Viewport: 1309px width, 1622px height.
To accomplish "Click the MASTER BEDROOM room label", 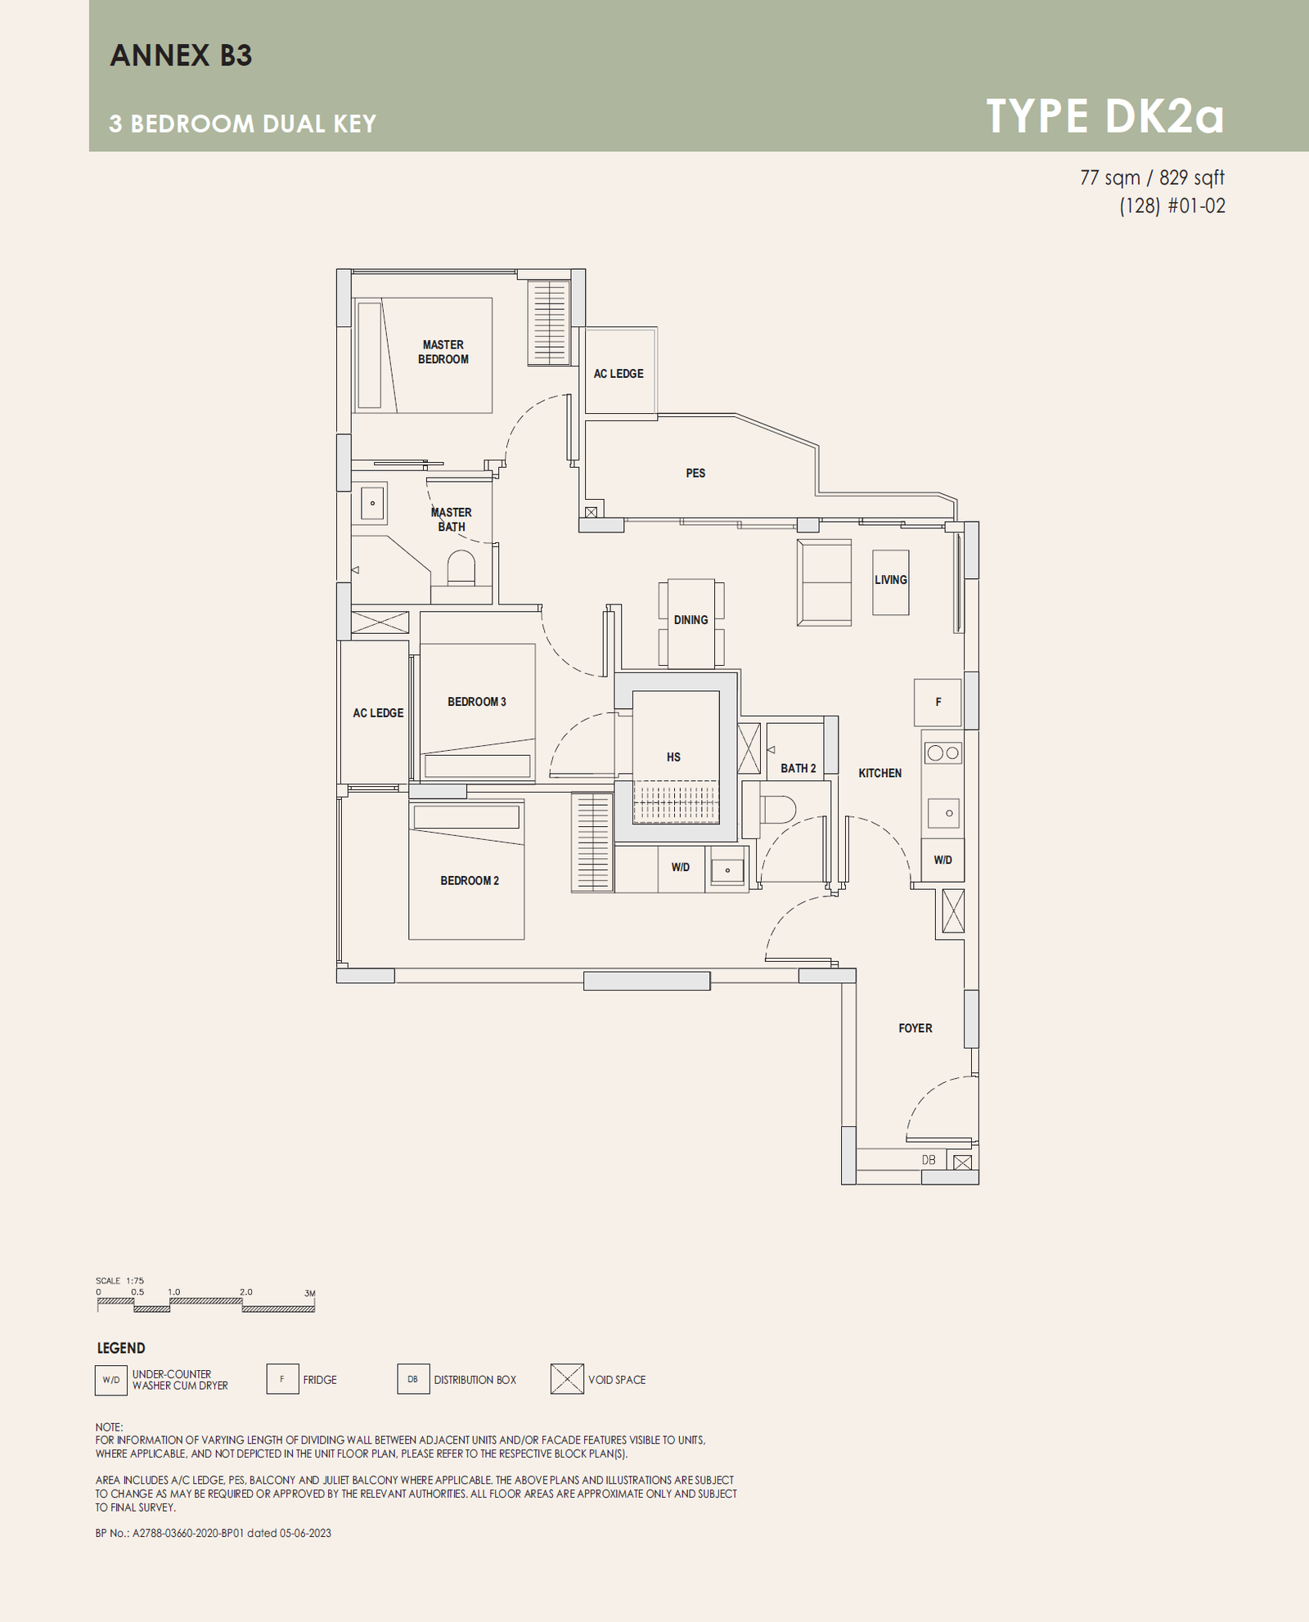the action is point(443,352).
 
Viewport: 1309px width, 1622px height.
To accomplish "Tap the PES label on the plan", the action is point(695,473).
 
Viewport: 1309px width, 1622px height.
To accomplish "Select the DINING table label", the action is point(691,620).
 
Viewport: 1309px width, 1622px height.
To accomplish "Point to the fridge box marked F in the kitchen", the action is point(938,702).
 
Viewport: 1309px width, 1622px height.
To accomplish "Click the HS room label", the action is point(673,757).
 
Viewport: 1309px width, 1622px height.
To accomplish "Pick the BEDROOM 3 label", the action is point(477,702).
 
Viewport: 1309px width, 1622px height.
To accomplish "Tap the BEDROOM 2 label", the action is point(470,881).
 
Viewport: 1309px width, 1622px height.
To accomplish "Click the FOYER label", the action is point(915,1028).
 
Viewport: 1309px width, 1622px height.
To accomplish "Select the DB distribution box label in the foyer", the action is point(929,1160).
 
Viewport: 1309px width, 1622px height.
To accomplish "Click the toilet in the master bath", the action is point(461,568).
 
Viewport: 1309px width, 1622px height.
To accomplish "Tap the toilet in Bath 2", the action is point(778,810).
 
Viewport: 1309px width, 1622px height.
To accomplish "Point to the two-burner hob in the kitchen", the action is point(942,753).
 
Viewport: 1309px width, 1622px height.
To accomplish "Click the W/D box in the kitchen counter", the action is point(942,860).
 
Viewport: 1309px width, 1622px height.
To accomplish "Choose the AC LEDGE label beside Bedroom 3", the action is point(378,713).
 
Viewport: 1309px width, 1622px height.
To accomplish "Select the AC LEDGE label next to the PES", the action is point(619,374).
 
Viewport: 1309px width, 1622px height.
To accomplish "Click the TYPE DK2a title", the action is point(1105,116).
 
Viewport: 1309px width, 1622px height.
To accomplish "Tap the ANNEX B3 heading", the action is point(181,56).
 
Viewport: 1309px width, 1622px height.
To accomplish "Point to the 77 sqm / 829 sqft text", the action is point(1152,177).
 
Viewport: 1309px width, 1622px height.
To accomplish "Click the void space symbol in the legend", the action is point(567,1379).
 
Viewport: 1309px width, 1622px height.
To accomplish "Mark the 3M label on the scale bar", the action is point(310,1293).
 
